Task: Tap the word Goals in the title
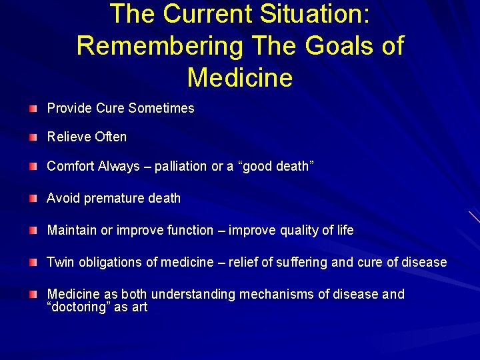[333, 46]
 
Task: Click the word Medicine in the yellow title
[240, 78]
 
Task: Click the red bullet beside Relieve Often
[33, 137]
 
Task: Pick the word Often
[111, 137]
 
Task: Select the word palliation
[181, 167]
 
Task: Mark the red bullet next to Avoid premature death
[33, 199]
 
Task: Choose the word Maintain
[71, 230]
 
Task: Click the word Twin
[61, 262]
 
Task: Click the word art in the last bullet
[139, 307]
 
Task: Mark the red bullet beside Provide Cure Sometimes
[33, 109]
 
